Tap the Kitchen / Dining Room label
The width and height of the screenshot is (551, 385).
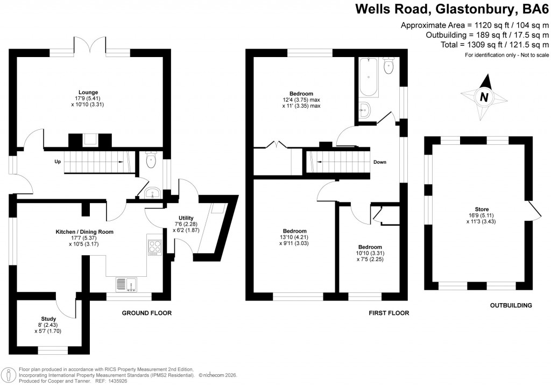[x=84, y=232]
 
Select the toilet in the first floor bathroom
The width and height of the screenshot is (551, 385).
[x=388, y=66]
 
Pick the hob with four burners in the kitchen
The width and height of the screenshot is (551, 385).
[x=155, y=247]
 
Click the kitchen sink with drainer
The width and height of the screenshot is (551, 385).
[x=127, y=283]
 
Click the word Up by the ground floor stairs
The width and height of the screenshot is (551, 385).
[x=57, y=162]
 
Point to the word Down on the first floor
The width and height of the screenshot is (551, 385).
[x=379, y=162]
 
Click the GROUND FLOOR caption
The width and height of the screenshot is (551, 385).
[x=146, y=313]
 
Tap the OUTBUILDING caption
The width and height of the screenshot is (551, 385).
[x=511, y=305]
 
